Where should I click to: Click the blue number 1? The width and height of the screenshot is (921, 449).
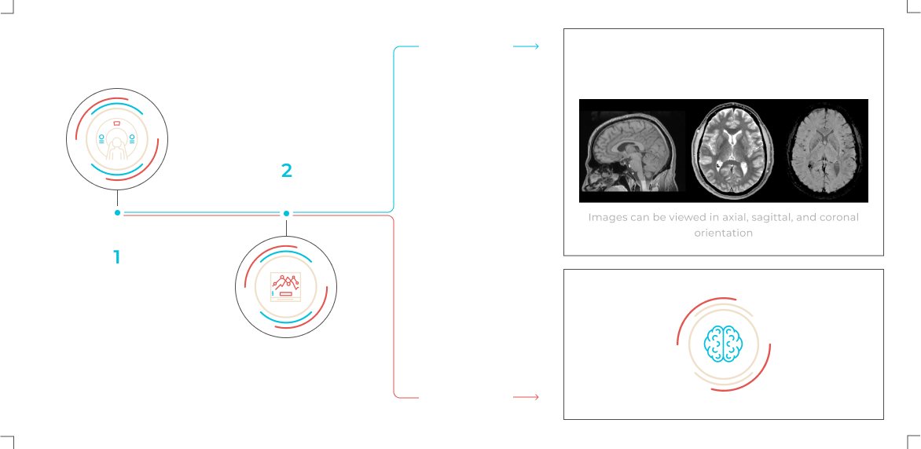coord(117,257)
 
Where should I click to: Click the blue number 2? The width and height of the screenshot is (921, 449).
coord(287,171)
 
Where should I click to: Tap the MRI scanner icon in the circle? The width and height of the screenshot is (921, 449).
coord(117,139)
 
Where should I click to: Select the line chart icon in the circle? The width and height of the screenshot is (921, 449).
coord(286,287)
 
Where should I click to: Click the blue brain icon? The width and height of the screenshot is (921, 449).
coord(724,343)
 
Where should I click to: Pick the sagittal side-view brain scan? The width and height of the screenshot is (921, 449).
coord(633,151)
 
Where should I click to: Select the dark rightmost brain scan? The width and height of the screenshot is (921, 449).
coord(824,151)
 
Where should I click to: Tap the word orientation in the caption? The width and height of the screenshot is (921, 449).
coord(724,233)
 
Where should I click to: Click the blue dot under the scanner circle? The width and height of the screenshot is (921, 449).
coord(117,213)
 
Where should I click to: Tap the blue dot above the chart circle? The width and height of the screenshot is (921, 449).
coord(286,213)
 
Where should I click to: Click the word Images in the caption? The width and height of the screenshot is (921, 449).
coord(607,218)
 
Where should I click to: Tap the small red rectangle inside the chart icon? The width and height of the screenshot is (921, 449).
coord(286,293)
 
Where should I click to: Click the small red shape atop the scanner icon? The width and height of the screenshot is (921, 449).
coord(117,123)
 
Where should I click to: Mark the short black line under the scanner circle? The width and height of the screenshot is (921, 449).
coord(117,199)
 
